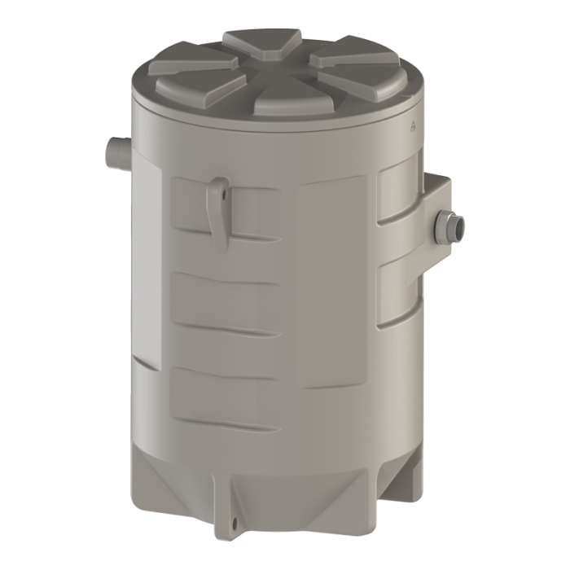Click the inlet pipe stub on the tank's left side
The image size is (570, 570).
click(115, 152)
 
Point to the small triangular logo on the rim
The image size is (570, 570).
click(413, 126)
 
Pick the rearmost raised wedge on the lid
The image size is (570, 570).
click(261, 42)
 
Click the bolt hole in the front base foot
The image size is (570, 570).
click(234, 524)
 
